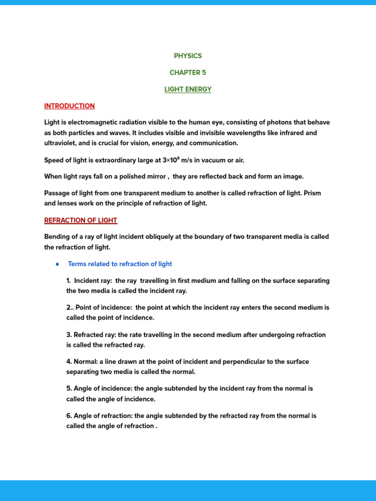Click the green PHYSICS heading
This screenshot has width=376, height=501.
click(x=188, y=56)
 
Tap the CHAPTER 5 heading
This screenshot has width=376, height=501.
click(x=188, y=72)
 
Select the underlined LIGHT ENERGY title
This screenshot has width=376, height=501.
click(x=188, y=89)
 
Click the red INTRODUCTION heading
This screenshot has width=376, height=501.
click(x=70, y=106)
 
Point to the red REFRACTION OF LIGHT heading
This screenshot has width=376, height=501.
click(x=81, y=220)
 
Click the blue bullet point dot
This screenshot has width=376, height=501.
click(x=57, y=264)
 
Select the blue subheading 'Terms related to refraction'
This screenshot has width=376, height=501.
click(x=120, y=264)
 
